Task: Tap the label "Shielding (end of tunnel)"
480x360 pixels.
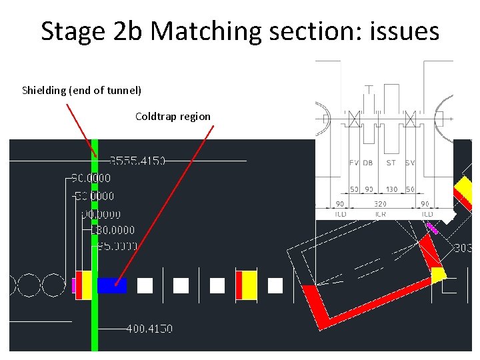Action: [x=81, y=90]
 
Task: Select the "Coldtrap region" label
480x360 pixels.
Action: [x=173, y=117]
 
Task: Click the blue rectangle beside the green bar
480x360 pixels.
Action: [x=112, y=285]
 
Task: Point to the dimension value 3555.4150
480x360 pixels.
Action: [x=137, y=161]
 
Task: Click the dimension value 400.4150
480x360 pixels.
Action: [x=149, y=329]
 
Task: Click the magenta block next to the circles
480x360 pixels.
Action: [x=73, y=285]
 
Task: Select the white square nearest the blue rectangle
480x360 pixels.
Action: [x=145, y=286]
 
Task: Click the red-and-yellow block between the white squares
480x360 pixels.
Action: [x=246, y=285]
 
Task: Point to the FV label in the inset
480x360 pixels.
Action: [x=355, y=163]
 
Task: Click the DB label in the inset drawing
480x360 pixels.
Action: [x=368, y=163]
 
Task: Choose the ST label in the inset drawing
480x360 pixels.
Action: [x=391, y=163]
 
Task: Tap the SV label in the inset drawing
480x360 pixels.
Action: [x=410, y=163]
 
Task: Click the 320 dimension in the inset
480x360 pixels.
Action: [x=380, y=204]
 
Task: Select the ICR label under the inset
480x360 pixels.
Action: [x=380, y=214]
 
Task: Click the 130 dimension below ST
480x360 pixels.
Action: [x=391, y=189]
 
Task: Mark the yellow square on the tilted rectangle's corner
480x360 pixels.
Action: [x=438, y=274]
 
